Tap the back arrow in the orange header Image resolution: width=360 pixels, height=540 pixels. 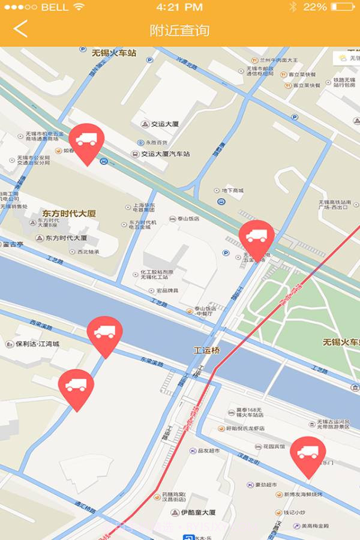click(x=20, y=29)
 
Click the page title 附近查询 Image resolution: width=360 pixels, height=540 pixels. click(x=179, y=30)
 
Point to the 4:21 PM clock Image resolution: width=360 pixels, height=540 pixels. click(x=179, y=7)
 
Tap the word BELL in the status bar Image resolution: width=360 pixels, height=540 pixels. click(x=55, y=7)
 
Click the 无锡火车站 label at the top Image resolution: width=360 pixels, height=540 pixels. click(x=114, y=53)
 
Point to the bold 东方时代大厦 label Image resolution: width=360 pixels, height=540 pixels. click(x=69, y=214)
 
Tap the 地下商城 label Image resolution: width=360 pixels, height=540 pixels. click(x=232, y=190)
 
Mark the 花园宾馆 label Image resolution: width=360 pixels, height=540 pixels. click(x=269, y=447)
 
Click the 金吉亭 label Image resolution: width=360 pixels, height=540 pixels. click(x=13, y=244)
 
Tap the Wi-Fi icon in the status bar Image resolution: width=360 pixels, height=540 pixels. click(x=79, y=7)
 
